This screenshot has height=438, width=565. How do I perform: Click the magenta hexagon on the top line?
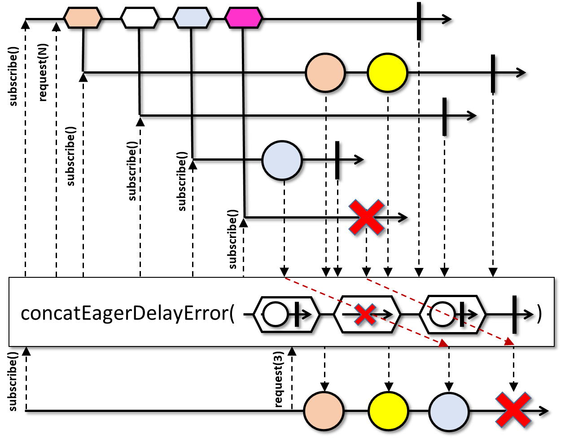pyautogui.click(x=244, y=18)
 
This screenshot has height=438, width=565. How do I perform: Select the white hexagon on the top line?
pyautogui.click(x=140, y=18)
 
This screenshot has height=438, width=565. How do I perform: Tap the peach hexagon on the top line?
pyautogui.click(x=83, y=18)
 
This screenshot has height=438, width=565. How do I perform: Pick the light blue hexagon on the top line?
pyautogui.click(x=192, y=18)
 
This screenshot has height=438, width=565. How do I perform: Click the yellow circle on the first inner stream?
pyautogui.click(x=387, y=73)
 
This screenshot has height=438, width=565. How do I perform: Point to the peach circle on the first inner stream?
pyautogui.click(x=325, y=73)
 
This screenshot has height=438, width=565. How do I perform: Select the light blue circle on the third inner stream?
pyautogui.click(x=282, y=160)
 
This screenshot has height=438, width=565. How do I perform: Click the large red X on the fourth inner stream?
pyautogui.click(x=366, y=217)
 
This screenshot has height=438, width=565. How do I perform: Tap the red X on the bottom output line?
pyautogui.click(x=513, y=410)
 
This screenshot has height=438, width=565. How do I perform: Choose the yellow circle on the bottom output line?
pyautogui.click(x=389, y=411)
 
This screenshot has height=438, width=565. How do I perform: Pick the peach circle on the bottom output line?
pyautogui.click(x=324, y=411)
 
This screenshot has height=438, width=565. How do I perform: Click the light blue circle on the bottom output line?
pyautogui.click(x=449, y=412)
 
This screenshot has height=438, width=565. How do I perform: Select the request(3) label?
pyautogui.click(x=278, y=379)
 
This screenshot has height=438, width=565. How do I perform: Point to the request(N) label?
pyautogui.click(x=43, y=72)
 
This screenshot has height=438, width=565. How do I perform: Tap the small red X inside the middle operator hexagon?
pyautogui.click(x=365, y=314)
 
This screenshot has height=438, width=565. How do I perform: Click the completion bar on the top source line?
pyautogui.click(x=419, y=21)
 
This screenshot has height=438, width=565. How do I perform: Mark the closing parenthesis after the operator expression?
pyautogui.click(x=540, y=315)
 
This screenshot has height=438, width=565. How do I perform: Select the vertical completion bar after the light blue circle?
pyautogui.click(x=337, y=160)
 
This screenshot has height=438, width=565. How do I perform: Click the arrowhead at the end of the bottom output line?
pyautogui.click(x=543, y=411)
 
